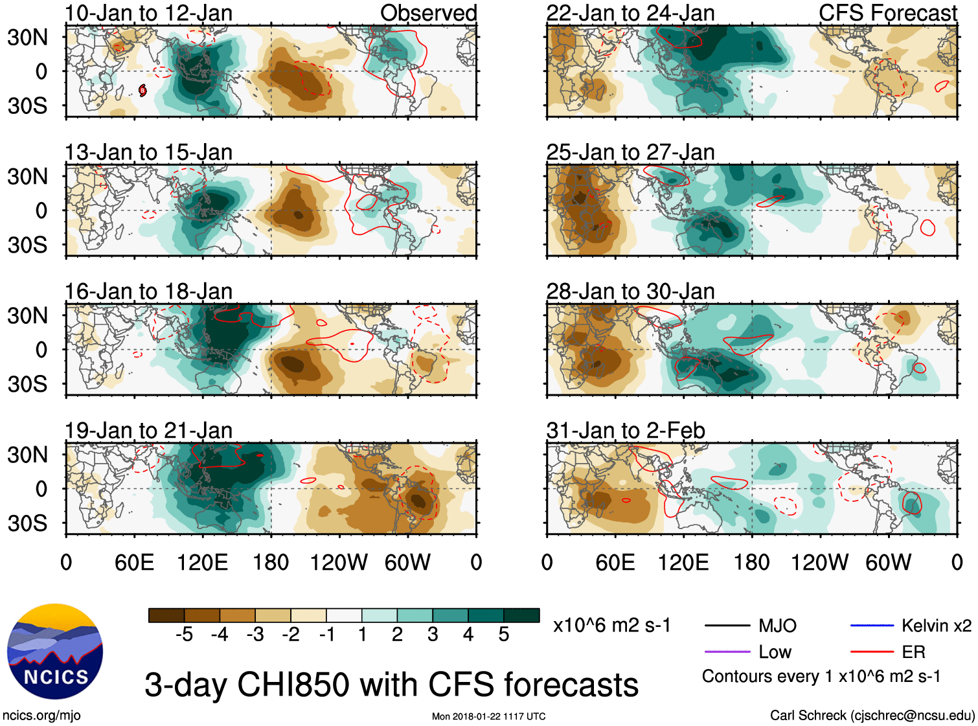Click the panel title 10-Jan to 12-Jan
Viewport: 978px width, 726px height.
148,13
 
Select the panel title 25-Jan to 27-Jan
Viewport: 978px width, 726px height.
630,152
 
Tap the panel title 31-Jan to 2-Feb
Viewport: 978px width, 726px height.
626,431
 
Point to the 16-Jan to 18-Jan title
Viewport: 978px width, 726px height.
148,291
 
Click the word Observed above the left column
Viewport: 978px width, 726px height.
428,13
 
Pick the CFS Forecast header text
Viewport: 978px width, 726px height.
887,13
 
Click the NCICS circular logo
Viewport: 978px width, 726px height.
55,652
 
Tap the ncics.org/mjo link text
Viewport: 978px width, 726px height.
41,715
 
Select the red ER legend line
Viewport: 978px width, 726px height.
872,652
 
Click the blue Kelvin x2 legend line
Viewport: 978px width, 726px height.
872,626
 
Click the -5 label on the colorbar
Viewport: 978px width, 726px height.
184,635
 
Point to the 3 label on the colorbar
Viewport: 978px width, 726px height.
433,635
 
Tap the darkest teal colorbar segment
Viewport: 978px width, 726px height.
521,615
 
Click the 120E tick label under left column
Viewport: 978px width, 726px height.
202,562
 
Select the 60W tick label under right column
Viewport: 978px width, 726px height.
888,562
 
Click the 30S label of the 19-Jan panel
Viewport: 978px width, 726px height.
27,523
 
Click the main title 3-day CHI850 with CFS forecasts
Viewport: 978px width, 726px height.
391,685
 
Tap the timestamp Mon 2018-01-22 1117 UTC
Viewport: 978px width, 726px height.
488,716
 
